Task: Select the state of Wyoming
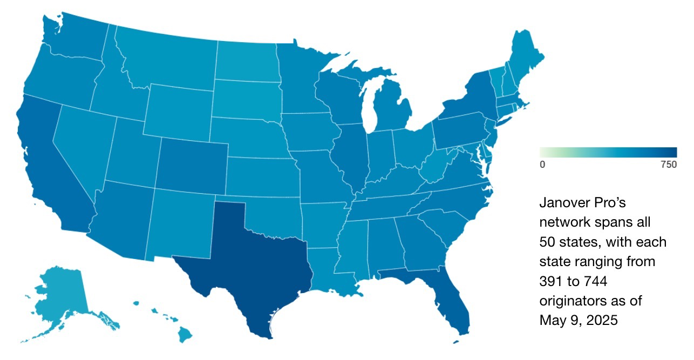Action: pyautogui.click(x=178, y=111)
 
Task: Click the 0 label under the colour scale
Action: pyautogui.click(x=542, y=165)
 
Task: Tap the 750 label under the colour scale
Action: pyautogui.click(x=668, y=165)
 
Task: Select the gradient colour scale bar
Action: pyautogui.click(x=608, y=152)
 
